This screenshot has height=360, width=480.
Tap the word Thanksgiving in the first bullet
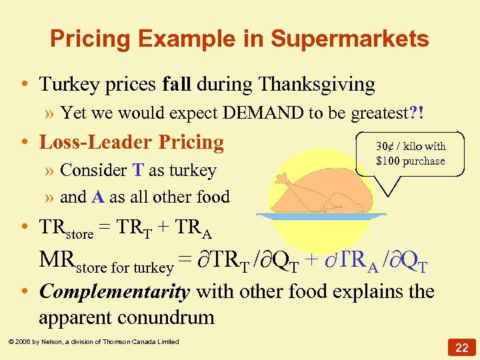click(317, 85)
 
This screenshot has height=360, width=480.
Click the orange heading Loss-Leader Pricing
click(131, 142)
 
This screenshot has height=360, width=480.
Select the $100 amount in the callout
click(388, 161)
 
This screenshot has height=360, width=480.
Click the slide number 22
click(462, 347)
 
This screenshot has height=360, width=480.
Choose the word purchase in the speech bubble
click(423, 161)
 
